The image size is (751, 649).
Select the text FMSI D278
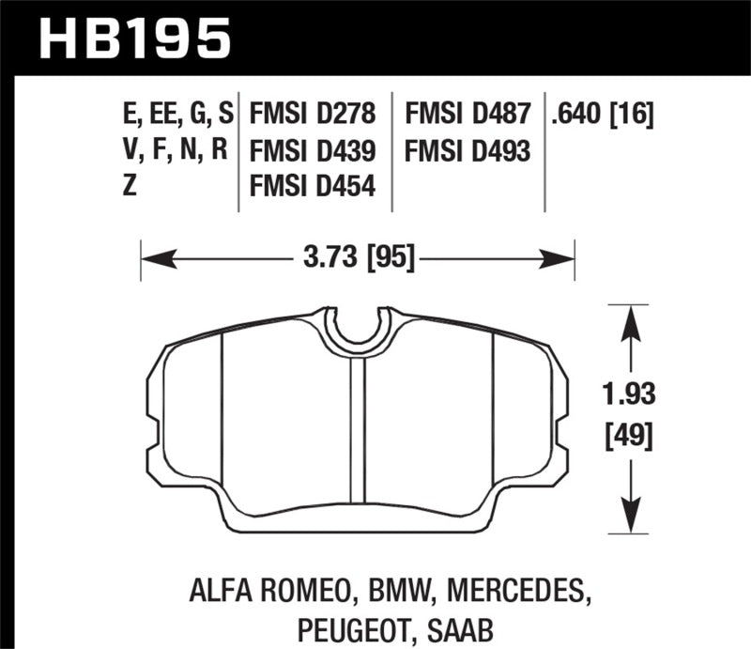tap(313, 116)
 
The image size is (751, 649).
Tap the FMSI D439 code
tap(313, 150)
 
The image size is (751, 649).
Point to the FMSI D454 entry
tap(313, 186)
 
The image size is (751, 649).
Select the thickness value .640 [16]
tap(605, 116)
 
